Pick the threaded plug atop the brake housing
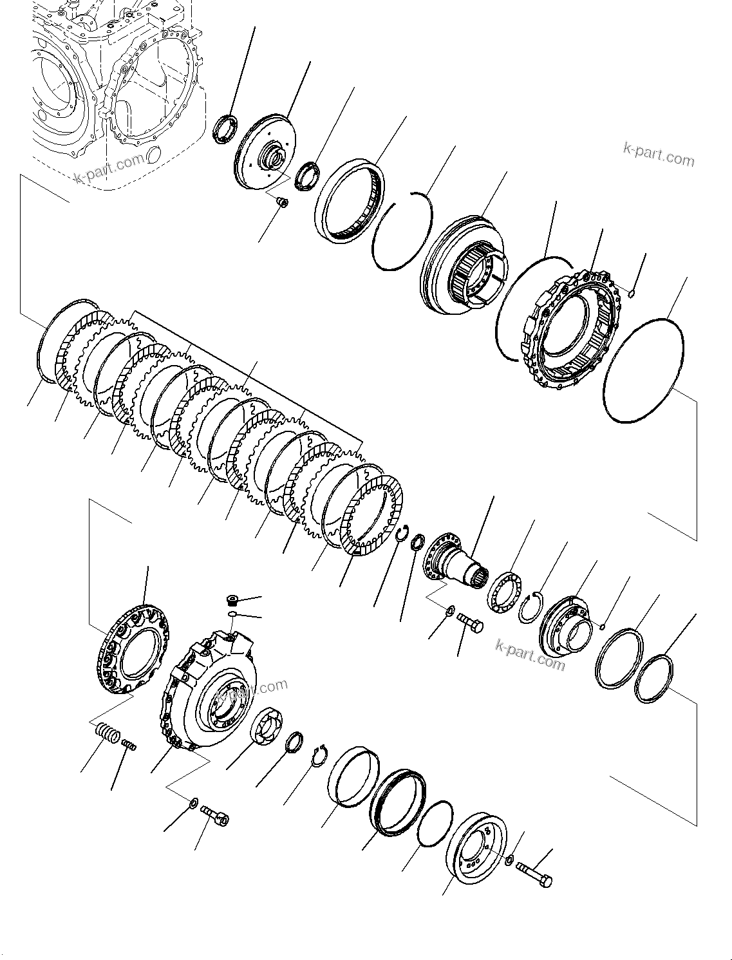pyautogui.click(x=233, y=601)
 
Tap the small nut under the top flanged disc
pyautogui.click(x=281, y=203)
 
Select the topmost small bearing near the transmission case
pyautogui.click(x=226, y=127)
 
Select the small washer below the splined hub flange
pyautogui.click(x=451, y=610)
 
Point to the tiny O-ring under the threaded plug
pyautogui.click(x=232, y=616)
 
